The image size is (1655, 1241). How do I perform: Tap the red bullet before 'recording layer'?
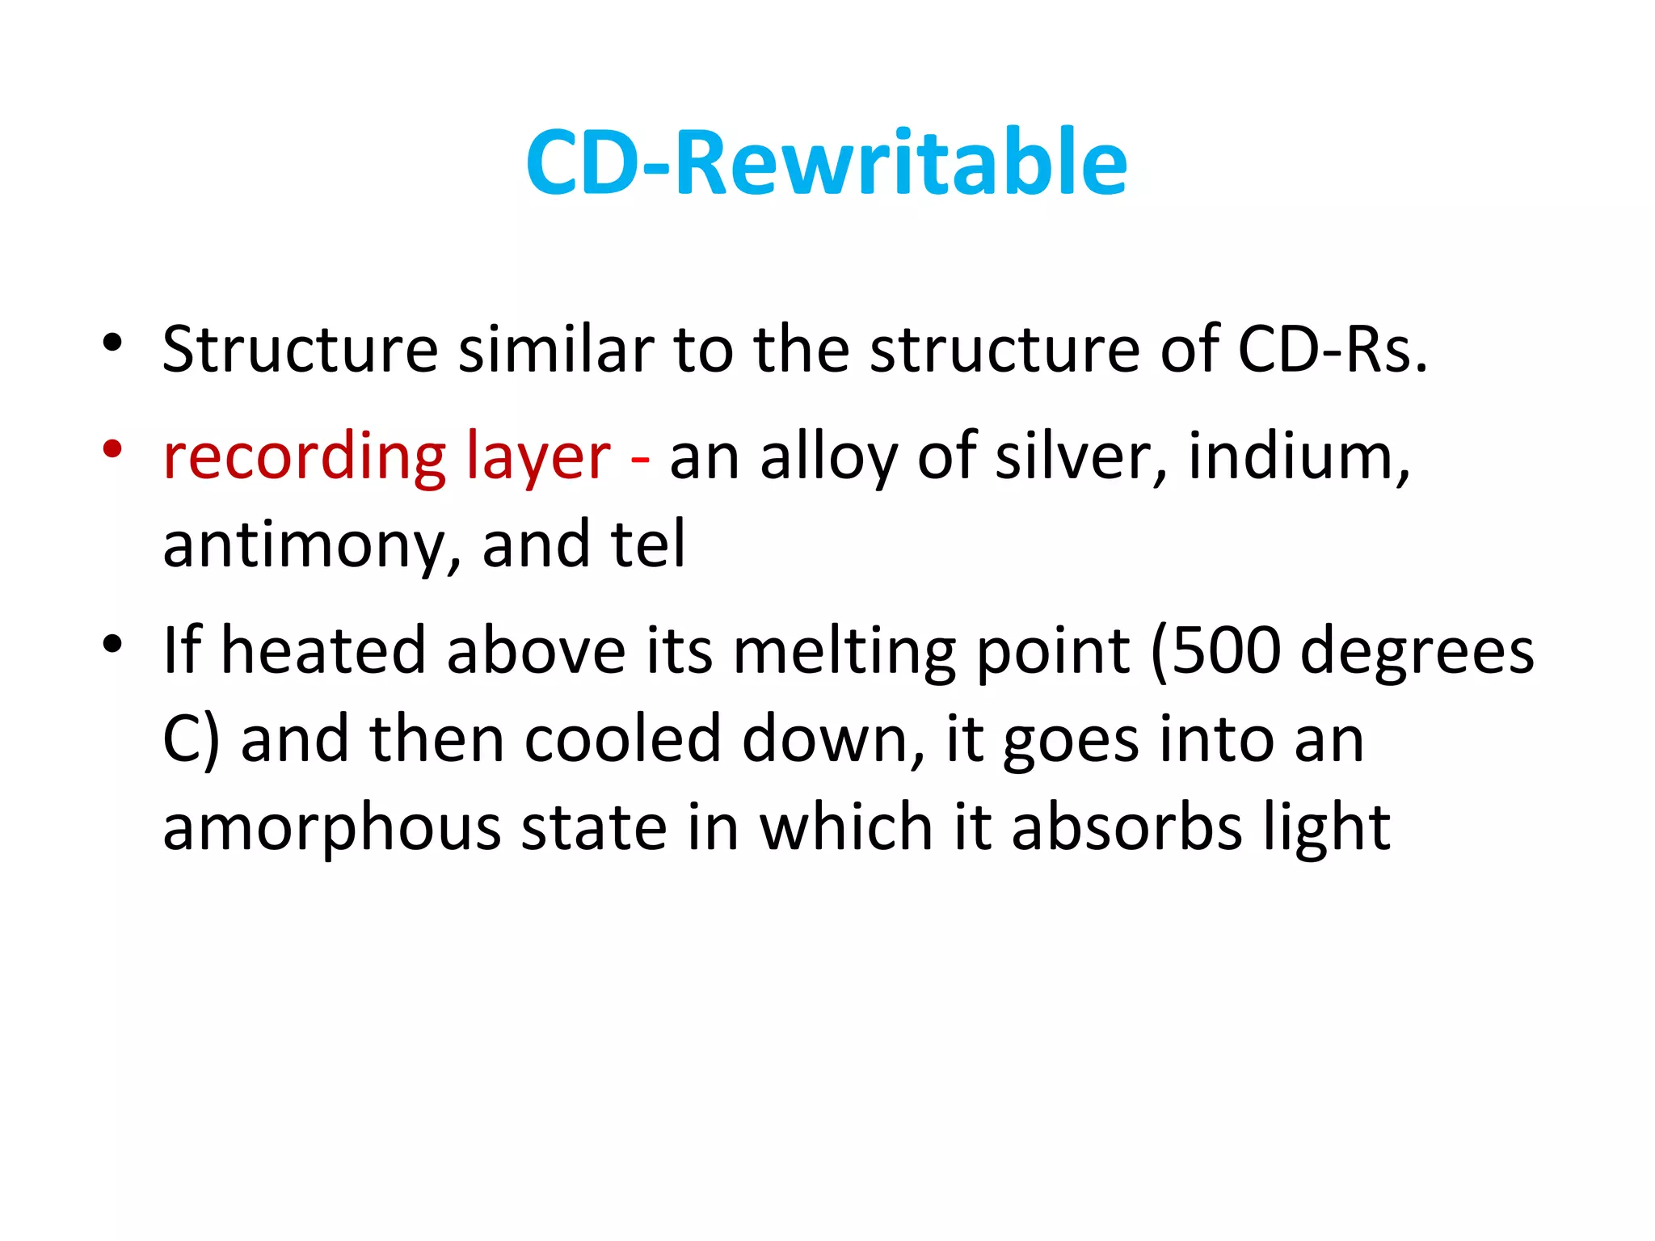point(112,449)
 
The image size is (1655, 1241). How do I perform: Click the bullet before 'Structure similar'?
point(112,343)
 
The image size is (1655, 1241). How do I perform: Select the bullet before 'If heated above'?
point(112,644)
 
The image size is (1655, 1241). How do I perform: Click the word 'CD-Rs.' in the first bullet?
point(1333,349)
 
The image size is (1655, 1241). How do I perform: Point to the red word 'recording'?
point(305,457)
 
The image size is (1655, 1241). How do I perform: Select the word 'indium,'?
point(1299,457)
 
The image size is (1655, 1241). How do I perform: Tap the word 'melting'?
point(844,653)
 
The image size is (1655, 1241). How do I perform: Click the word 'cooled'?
point(622,739)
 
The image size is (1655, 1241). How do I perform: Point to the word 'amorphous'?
point(332,829)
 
